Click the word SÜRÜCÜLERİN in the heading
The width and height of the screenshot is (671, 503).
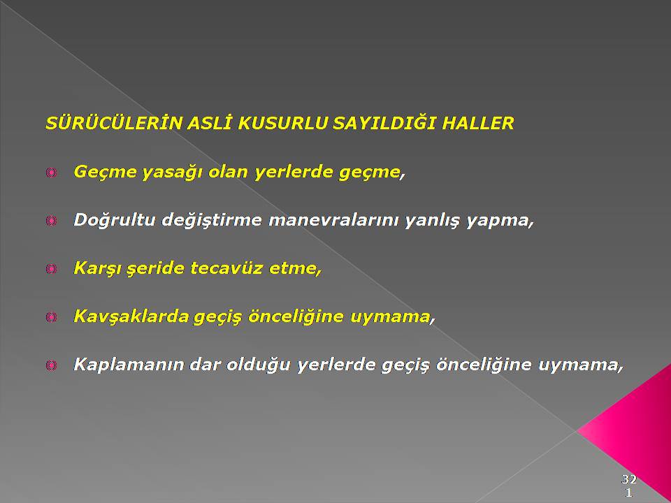click(114, 123)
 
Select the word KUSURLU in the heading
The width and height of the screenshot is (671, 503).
click(283, 123)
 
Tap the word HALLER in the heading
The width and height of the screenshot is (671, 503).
click(477, 123)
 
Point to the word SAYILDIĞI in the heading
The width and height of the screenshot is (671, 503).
click(384, 123)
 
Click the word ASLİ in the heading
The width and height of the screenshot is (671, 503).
click(210, 123)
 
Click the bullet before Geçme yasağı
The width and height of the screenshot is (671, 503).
click(51, 173)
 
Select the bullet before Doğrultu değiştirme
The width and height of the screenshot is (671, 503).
click(51, 221)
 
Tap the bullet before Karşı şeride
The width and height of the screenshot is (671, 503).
click(51, 269)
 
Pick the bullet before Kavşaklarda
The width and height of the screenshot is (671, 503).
click(51, 317)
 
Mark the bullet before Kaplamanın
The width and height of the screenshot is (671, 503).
click(51, 365)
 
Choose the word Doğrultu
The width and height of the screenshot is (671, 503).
click(114, 220)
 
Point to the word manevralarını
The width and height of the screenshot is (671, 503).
click(334, 220)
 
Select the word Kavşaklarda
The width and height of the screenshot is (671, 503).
click(131, 316)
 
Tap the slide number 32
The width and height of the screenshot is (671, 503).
click(628, 479)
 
